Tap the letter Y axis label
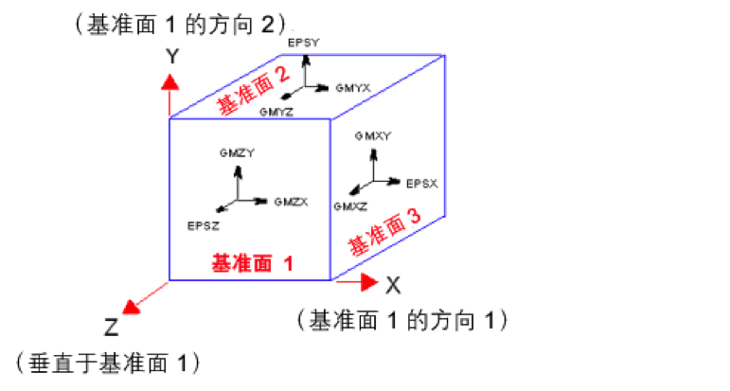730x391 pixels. tap(172, 57)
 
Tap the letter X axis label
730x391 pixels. tap(393, 282)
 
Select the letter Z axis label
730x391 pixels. tap(112, 328)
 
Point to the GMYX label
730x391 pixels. tap(352, 86)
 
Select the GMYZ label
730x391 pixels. tap(276, 111)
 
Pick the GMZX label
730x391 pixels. tap(292, 202)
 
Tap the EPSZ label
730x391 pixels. tap(204, 225)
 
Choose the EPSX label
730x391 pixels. tap(421, 182)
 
